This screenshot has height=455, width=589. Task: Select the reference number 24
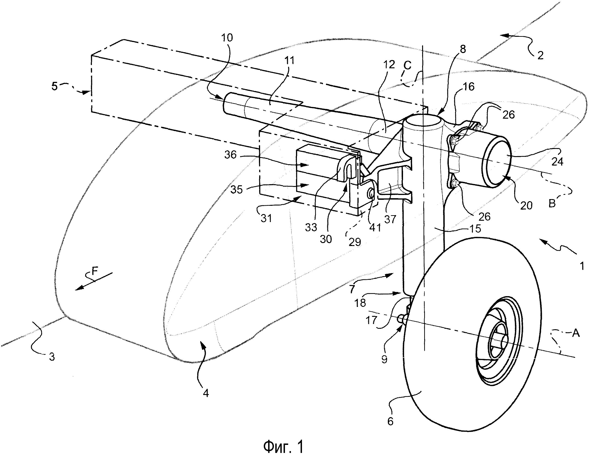(x=557, y=161)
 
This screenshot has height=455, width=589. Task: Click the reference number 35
(x=237, y=190)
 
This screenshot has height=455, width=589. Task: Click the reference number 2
(x=540, y=55)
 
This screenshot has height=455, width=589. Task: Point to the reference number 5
(x=55, y=87)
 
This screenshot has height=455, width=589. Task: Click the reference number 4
(x=206, y=394)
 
